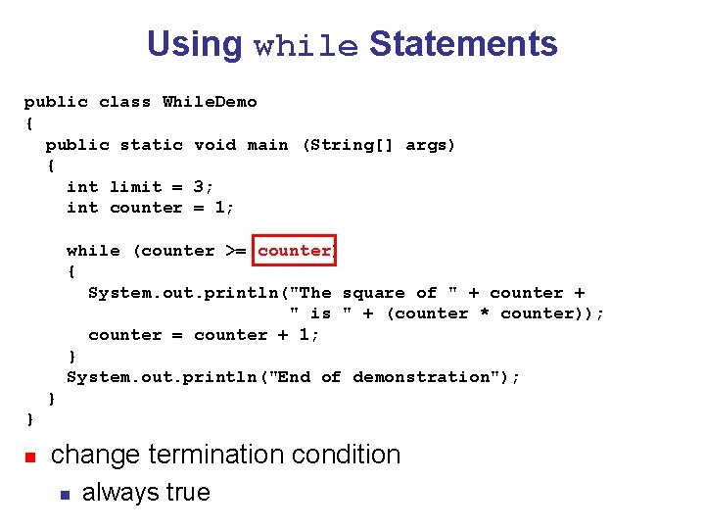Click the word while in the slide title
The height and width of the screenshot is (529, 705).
tap(305, 46)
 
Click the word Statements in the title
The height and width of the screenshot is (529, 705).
tap(463, 44)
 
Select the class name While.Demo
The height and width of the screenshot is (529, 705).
tap(210, 102)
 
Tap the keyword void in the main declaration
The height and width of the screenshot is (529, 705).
tap(214, 145)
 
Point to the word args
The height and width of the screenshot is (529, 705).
tap(430, 145)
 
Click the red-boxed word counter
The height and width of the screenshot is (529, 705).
tap(294, 251)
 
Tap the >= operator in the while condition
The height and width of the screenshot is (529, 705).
tap(236, 251)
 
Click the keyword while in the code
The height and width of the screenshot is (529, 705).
tap(93, 251)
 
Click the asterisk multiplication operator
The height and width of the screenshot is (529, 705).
tap(485, 313)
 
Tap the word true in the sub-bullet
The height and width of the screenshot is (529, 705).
tap(185, 492)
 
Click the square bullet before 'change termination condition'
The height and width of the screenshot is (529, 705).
tap(30, 457)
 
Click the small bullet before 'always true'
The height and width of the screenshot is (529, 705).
tap(64, 494)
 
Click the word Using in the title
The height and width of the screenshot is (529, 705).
tap(194, 44)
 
